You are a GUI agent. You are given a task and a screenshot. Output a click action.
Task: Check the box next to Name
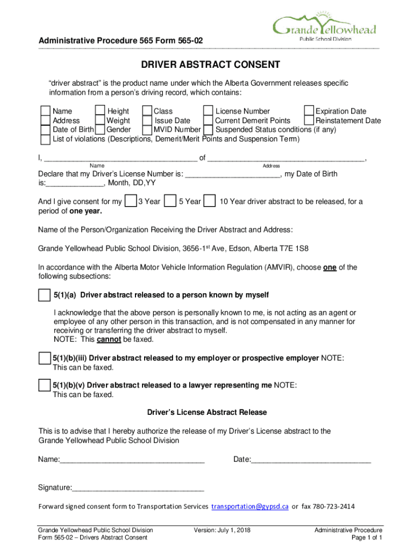click(46, 111)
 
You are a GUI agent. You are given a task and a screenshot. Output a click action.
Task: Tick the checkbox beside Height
click(100, 111)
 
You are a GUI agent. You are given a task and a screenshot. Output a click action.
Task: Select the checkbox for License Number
click(209, 111)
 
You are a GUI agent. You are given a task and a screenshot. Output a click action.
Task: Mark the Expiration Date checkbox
click(309, 111)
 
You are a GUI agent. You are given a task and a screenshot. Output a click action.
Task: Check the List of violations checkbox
click(46, 139)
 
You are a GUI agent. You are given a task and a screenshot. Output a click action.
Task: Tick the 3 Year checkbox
click(130, 201)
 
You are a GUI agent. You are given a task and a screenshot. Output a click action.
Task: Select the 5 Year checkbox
click(170, 201)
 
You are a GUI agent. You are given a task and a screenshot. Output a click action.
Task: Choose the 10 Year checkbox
click(211, 201)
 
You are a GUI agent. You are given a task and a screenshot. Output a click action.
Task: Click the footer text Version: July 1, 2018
click(222, 530)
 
